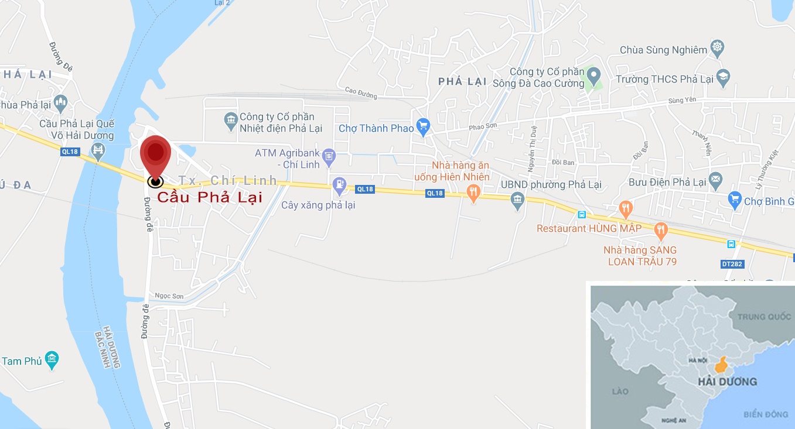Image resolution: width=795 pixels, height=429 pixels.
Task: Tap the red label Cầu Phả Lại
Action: [210, 197]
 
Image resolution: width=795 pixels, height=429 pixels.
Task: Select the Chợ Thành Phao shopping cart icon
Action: [424, 126]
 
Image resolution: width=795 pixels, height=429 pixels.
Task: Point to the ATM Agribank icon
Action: [329, 155]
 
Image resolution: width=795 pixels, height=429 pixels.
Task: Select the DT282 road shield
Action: [732, 264]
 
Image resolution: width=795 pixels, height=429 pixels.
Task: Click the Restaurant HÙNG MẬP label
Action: [589, 228]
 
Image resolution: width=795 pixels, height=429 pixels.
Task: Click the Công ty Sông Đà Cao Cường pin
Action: [594, 75]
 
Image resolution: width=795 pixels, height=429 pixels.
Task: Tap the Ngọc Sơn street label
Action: [169, 296]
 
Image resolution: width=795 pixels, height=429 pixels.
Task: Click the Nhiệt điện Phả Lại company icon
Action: [231, 119]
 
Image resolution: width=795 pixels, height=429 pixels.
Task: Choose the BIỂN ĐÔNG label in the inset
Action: [766, 414]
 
